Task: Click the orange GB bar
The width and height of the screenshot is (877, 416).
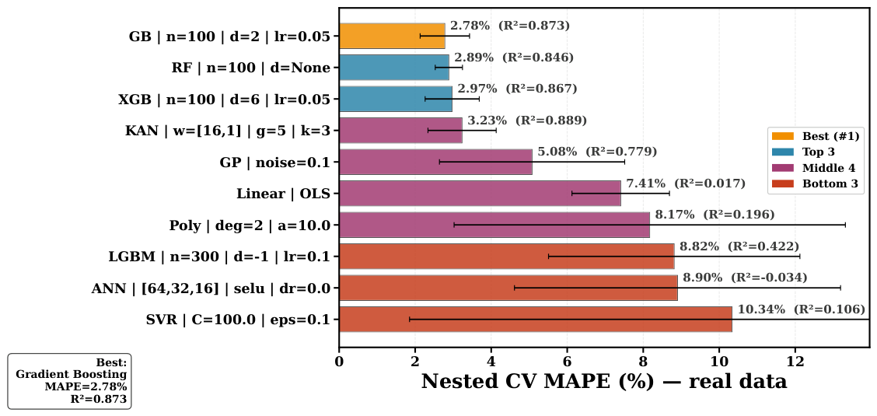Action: [392, 37]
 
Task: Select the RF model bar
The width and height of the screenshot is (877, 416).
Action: [394, 68]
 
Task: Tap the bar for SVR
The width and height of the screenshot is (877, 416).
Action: [535, 320]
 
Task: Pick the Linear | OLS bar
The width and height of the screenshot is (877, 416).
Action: [480, 194]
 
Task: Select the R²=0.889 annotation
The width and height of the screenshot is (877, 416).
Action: [551, 121]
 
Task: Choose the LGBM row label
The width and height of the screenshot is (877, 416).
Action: [223, 257]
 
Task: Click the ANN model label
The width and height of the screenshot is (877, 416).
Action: [215, 288]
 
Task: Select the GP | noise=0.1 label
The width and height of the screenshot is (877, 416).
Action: [279, 163]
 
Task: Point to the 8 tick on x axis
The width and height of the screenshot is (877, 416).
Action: [643, 361]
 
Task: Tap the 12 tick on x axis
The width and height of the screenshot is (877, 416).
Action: [795, 361]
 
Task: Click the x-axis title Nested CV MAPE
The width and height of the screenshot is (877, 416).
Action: [604, 381]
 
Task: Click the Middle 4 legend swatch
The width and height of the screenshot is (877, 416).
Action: [783, 168]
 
